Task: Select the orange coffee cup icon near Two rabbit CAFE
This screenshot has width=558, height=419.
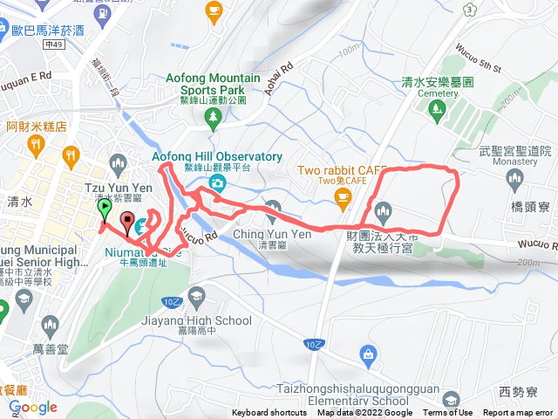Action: pyautogui.click(x=343, y=199)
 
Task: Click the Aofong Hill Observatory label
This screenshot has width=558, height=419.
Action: pyautogui.click(x=217, y=156)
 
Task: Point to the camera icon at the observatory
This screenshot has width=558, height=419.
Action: pyautogui.click(x=217, y=183)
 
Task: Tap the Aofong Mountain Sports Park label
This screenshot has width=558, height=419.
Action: pyautogui.click(x=213, y=83)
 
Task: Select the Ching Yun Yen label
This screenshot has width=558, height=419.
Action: pyautogui.click(x=261, y=234)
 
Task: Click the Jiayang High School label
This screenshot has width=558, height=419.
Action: pyautogui.click(x=195, y=320)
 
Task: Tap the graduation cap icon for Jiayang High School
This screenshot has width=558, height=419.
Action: pyautogui.click(x=195, y=295)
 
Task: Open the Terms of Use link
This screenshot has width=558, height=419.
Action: pyautogui.click(x=447, y=413)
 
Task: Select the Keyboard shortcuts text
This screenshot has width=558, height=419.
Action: pyautogui.click(x=269, y=413)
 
